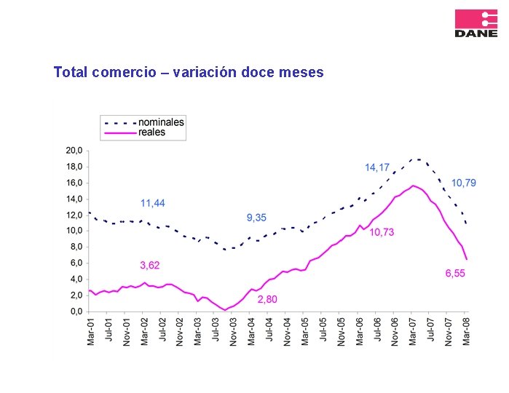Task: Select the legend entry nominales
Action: pyautogui.click(x=161, y=122)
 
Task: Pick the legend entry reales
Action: pyautogui.click(x=151, y=132)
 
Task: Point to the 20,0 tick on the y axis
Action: pyautogui.click(x=74, y=151)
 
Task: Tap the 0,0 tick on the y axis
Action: pyautogui.click(x=76, y=311)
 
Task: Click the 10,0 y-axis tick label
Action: pyautogui.click(x=74, y=231)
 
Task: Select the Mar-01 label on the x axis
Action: pyautogui.click(x=91, y=332)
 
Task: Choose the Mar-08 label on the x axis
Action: pyautogui.click(x=467, y=332)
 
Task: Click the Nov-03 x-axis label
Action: pyautogui.click(x=234, y=332)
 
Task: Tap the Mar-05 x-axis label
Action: pyautogui.click(x=305, y=332)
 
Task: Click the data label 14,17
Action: pyautogui.click(x=377, y=168)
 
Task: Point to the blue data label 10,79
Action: pyautogui.click(x=464, y=183)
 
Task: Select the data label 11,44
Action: pyautogui.click(x=153, y=202)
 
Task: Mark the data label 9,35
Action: pyautogui.click(x=256, y=218)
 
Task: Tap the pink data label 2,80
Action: pyautogui.click(x=267, y=299)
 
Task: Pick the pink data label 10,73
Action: pyautogui.click(x=382, y=232)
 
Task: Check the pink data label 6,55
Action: pyautogui.click(x=455, y=274)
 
